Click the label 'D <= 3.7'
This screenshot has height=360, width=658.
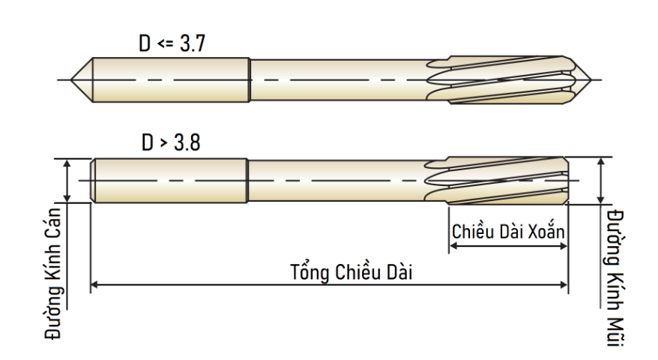172,43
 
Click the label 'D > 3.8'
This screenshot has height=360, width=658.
171,142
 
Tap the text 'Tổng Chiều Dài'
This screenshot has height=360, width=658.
351,271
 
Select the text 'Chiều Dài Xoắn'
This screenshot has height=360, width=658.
508,231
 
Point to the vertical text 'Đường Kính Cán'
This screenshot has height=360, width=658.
54,274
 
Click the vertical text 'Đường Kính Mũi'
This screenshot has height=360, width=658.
615,278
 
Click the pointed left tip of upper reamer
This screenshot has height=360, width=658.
71,79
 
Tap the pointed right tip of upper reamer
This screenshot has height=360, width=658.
591,79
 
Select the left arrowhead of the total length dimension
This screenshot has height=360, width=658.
94,285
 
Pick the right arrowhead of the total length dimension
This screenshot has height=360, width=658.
564,285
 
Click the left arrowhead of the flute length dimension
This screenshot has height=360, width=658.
453,246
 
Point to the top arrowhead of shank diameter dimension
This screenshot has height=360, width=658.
67,163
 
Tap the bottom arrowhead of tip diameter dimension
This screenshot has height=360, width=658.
601,200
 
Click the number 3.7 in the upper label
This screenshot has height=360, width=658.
193,43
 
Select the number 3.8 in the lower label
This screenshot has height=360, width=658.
187,142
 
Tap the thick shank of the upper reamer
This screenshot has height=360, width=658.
171,79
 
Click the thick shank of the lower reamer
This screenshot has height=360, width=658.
169,181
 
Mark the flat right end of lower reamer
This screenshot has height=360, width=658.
568,181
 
